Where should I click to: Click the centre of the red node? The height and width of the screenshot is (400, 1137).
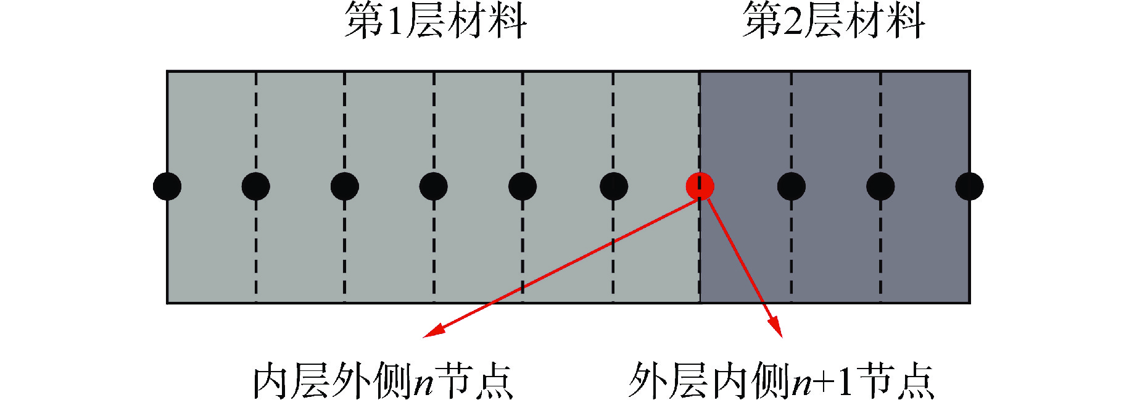[x=700, y=186]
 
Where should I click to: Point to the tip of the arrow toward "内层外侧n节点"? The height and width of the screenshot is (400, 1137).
[x=423, y=337]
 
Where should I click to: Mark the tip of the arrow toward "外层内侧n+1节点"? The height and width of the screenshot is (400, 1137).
[x=782, y=337]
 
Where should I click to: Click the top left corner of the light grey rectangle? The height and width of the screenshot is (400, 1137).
[x=167, y=72]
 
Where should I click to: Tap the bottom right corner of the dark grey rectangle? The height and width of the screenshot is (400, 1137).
[x=970, y=303]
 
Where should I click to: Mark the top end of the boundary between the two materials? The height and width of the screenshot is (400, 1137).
[x=700, y=72]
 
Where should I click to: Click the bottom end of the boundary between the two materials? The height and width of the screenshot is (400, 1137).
[x=700, y=303]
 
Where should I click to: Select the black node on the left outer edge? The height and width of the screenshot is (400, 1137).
[x=167, y=186]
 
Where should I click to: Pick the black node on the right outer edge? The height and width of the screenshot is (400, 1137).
[x=969, y=186]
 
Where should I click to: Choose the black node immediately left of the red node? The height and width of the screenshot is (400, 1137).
[x=614, y=186]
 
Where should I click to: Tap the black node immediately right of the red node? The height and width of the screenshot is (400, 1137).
[x=792, y=186]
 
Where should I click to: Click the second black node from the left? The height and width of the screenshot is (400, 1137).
[x=256, y=186]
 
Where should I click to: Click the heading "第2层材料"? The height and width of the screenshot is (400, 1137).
[x=833, y=21]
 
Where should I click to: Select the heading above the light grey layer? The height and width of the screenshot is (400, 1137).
[x=436, y=21]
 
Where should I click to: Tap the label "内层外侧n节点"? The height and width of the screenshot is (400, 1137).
[x=383, y=380]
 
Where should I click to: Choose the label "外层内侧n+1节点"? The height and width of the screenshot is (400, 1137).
[x=782, y=380]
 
